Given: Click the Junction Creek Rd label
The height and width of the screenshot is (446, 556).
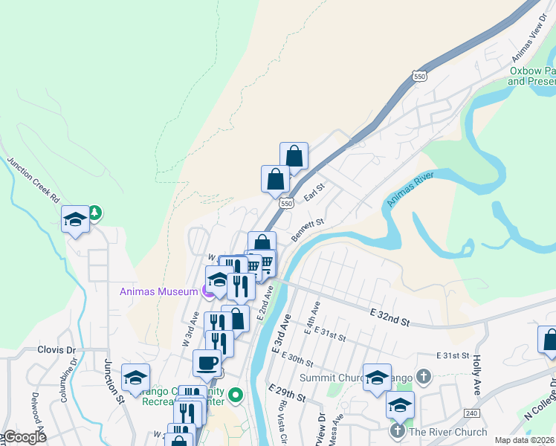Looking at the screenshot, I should coord(34,180).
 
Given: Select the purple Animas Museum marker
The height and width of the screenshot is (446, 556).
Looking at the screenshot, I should coord(208,291).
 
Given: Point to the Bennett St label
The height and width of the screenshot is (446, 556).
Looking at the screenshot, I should coord(308,229).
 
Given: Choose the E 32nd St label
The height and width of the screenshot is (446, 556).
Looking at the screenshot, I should coord(389,318).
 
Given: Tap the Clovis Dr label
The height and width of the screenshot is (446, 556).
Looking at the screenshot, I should coord(56,349).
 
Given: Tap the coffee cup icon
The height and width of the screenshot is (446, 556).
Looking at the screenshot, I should coord(207,363).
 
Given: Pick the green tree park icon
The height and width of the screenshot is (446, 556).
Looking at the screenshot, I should coord(95,213).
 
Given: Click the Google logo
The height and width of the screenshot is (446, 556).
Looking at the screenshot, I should coord(24,437).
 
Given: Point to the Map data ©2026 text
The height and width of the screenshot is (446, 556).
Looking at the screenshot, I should coord(524,440).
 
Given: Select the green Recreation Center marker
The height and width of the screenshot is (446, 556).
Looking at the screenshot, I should coord(236,395).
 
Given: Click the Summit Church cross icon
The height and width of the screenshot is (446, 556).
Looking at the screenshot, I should coord(424,377).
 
